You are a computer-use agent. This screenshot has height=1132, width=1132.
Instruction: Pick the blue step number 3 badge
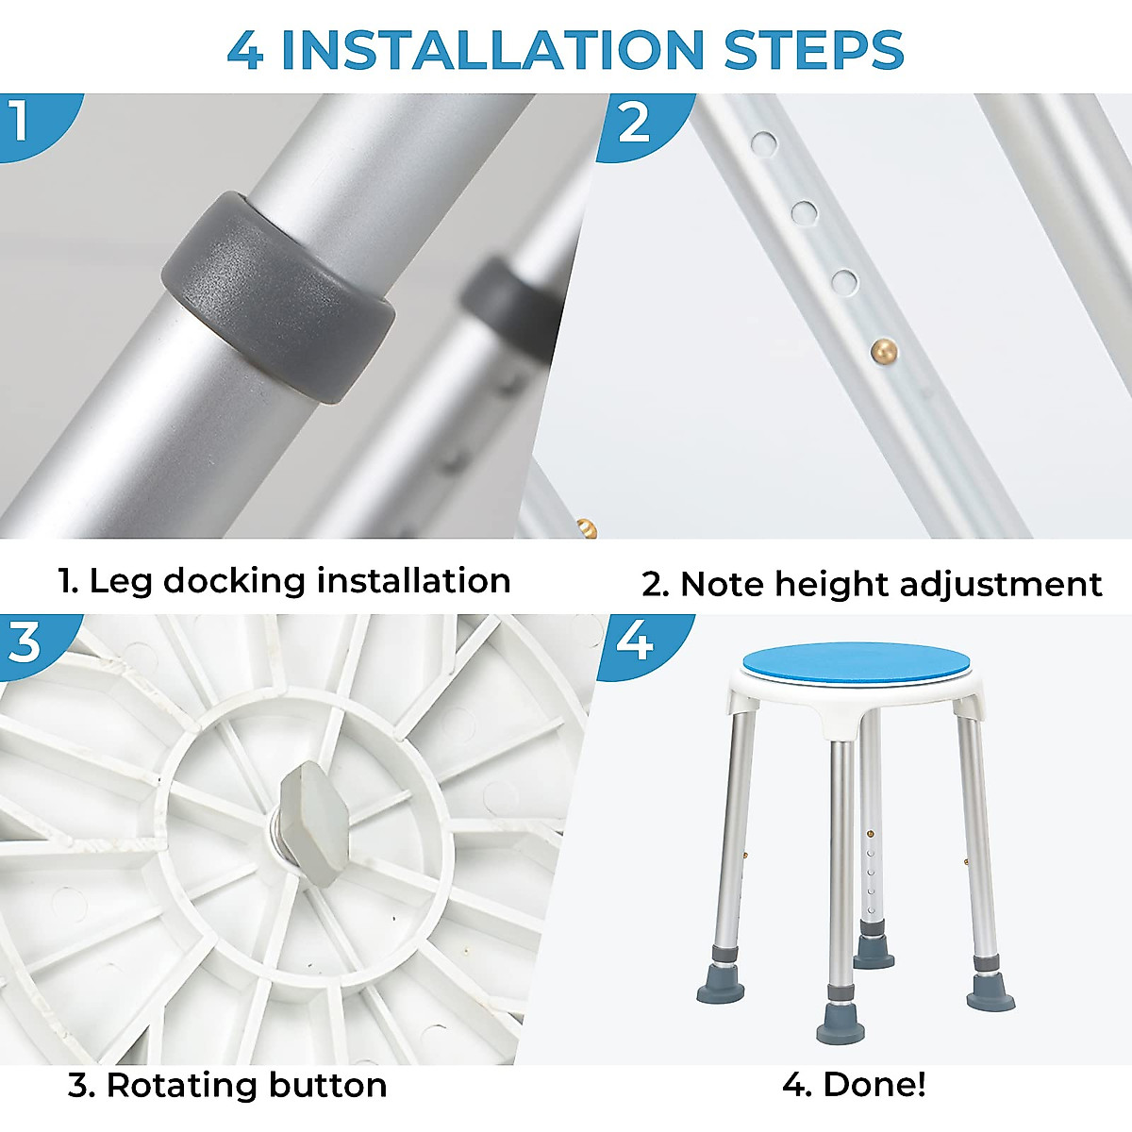32,645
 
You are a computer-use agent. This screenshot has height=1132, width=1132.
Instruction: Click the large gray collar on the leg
278,296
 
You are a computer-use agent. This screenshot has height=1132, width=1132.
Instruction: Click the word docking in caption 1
234,582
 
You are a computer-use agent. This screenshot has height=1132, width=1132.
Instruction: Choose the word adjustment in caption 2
1001,585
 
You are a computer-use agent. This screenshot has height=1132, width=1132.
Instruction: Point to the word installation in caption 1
413,581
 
